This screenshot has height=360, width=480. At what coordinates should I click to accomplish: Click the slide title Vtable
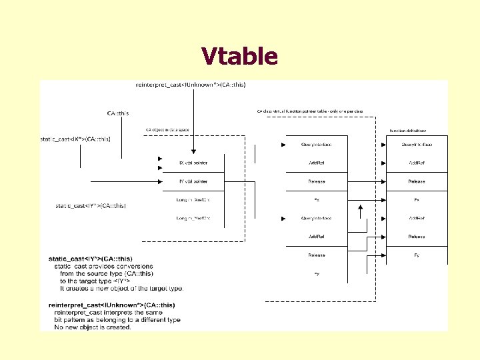[x=239, y=57]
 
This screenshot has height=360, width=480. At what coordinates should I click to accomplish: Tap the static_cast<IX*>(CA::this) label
[x=75, y=139]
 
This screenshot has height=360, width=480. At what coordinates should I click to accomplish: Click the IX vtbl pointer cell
[x=193, y=163]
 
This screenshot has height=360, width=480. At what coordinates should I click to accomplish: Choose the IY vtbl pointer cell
[x=193, y=181]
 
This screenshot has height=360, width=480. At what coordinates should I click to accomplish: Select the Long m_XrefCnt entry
[x=193, y=199]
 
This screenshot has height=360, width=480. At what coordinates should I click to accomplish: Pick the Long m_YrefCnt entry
[x=193, y=218]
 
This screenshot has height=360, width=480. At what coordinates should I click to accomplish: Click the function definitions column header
[x=408, y=131]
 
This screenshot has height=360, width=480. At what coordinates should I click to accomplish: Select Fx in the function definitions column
[x=417, y=199]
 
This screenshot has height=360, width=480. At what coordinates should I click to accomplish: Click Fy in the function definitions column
[x=417, y=255]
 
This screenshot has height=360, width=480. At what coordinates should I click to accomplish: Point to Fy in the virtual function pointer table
[x=317, y=273]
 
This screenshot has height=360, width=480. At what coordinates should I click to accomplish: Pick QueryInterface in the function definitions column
[x=417, y=144]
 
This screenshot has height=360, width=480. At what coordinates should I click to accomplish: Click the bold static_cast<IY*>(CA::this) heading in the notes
[x=91, y=258]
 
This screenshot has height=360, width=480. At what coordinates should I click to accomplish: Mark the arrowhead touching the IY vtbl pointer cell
[x=160, y=181]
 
